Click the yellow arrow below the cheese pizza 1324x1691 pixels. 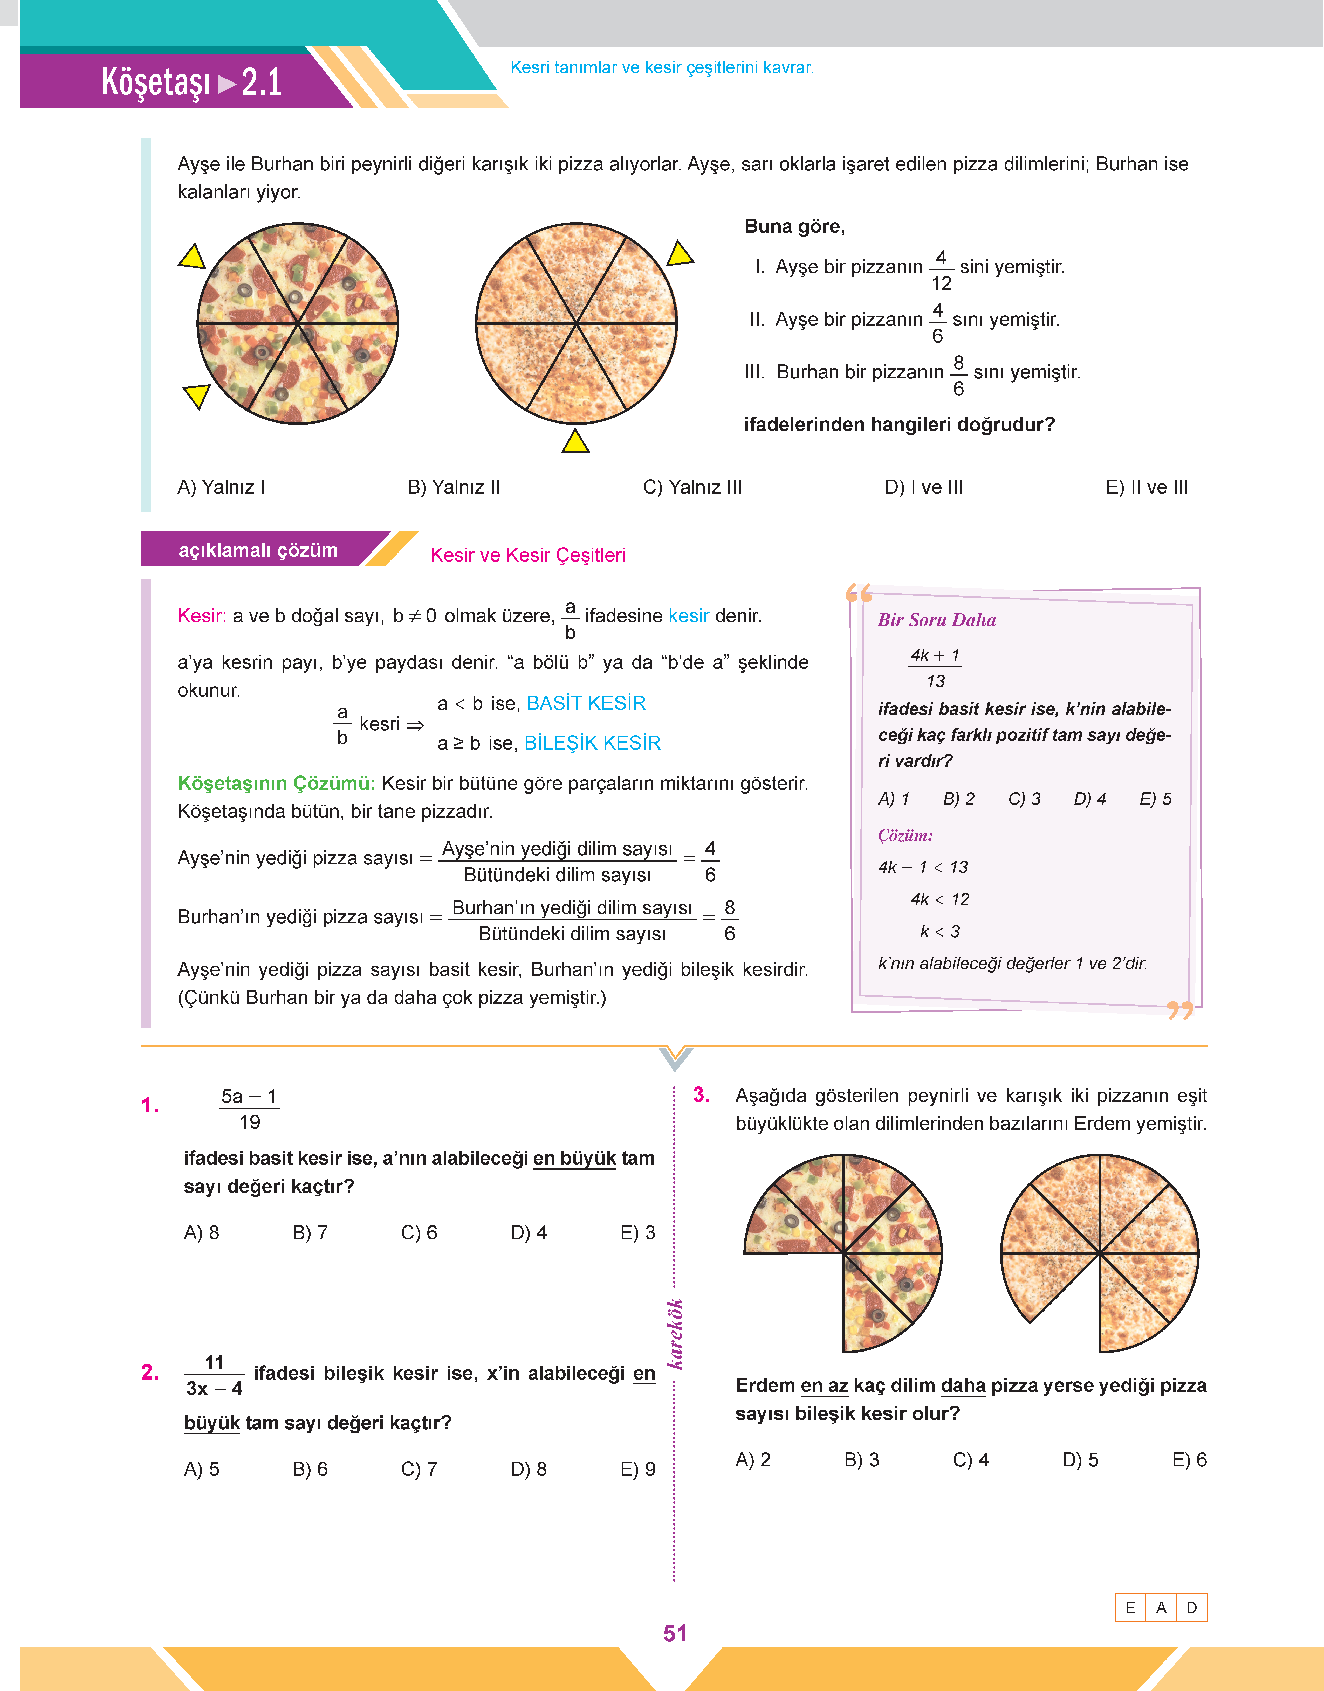click(575, 442)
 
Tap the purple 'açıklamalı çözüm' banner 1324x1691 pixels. click(258, 550)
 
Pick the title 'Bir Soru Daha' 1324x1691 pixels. click(936, 620)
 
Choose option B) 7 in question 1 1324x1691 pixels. click(310, 1232)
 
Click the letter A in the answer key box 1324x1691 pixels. click(1161, 1607)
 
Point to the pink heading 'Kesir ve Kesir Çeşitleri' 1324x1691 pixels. click(527, 555)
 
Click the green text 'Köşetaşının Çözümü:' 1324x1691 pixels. click(276, 784)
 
